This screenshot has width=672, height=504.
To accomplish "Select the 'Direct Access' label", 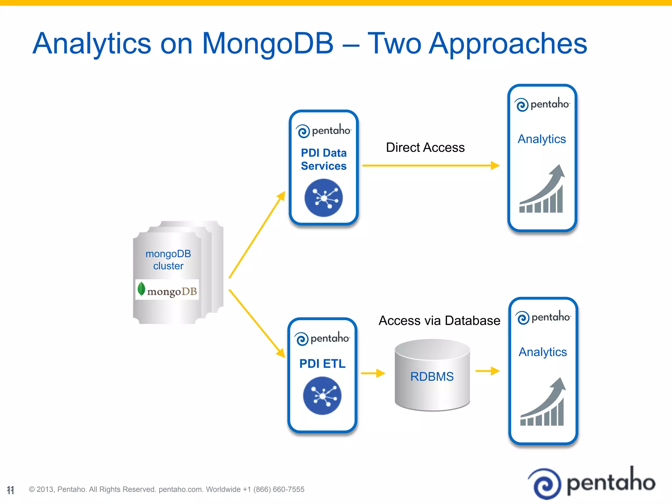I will pos(425,147).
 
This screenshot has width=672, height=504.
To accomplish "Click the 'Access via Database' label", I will pos(439,320).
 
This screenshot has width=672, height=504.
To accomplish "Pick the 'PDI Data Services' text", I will pos(324,159).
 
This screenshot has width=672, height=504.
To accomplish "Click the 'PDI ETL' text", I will pos(322,364).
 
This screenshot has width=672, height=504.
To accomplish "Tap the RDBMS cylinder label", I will pos(432,376).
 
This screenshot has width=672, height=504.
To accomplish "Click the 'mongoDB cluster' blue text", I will pos(168,260).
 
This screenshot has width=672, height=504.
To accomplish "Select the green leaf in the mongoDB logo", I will pos(141,289).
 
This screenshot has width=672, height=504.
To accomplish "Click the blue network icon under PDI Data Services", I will pos(324,198).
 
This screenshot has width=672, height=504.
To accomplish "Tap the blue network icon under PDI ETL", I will pos(322,396).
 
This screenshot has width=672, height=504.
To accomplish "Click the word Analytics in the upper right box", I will pos(542,139).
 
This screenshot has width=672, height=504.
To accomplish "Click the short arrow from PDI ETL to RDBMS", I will pos(373,373).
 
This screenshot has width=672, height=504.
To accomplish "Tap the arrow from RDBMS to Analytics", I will pos(487,371).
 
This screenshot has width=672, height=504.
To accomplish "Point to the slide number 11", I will pos(10,490).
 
